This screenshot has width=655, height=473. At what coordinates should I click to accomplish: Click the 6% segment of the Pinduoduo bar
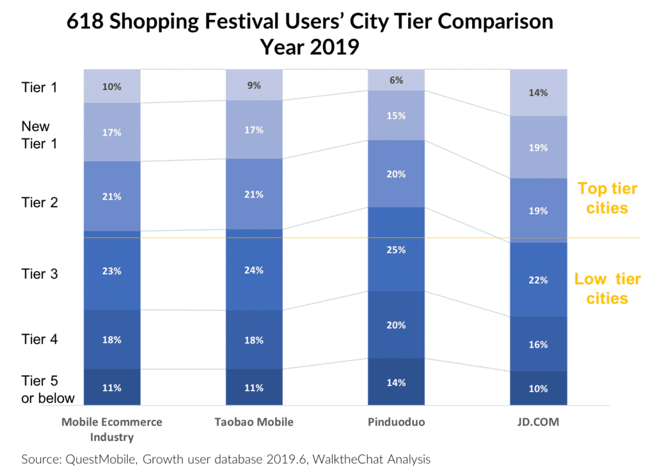point(396,80)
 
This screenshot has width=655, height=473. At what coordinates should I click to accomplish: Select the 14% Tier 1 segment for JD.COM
point(538,93)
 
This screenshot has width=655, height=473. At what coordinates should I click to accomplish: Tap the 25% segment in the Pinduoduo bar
point(396,249)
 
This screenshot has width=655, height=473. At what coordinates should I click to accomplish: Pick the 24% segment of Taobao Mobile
point(254,270)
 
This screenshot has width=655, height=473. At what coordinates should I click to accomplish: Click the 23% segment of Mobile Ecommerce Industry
point(112,270)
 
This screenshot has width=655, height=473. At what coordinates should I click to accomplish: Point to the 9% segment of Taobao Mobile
point(254,85)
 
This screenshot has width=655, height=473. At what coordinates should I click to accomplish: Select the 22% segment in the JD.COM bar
point(538,279)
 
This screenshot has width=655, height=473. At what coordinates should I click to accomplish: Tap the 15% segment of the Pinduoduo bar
point(396,116)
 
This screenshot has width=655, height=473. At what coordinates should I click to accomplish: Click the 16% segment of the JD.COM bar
point(538,345)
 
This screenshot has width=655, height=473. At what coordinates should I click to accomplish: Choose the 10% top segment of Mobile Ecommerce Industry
point(112,86)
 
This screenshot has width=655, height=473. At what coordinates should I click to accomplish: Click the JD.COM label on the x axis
point(538,423)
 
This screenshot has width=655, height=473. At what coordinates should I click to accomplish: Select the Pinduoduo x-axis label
point(396,423)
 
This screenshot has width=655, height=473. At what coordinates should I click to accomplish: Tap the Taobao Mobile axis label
point(254,423)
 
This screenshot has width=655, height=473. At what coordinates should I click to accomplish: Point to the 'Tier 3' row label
point(40,274)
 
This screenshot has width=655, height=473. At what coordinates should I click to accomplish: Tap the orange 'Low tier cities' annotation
point(607,289)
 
